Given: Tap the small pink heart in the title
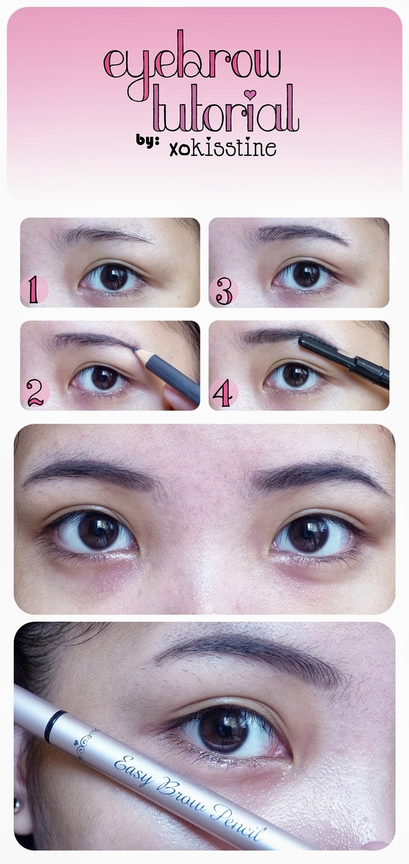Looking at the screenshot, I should (x=249, y=95).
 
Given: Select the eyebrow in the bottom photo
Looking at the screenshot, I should (x=249, y=656).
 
